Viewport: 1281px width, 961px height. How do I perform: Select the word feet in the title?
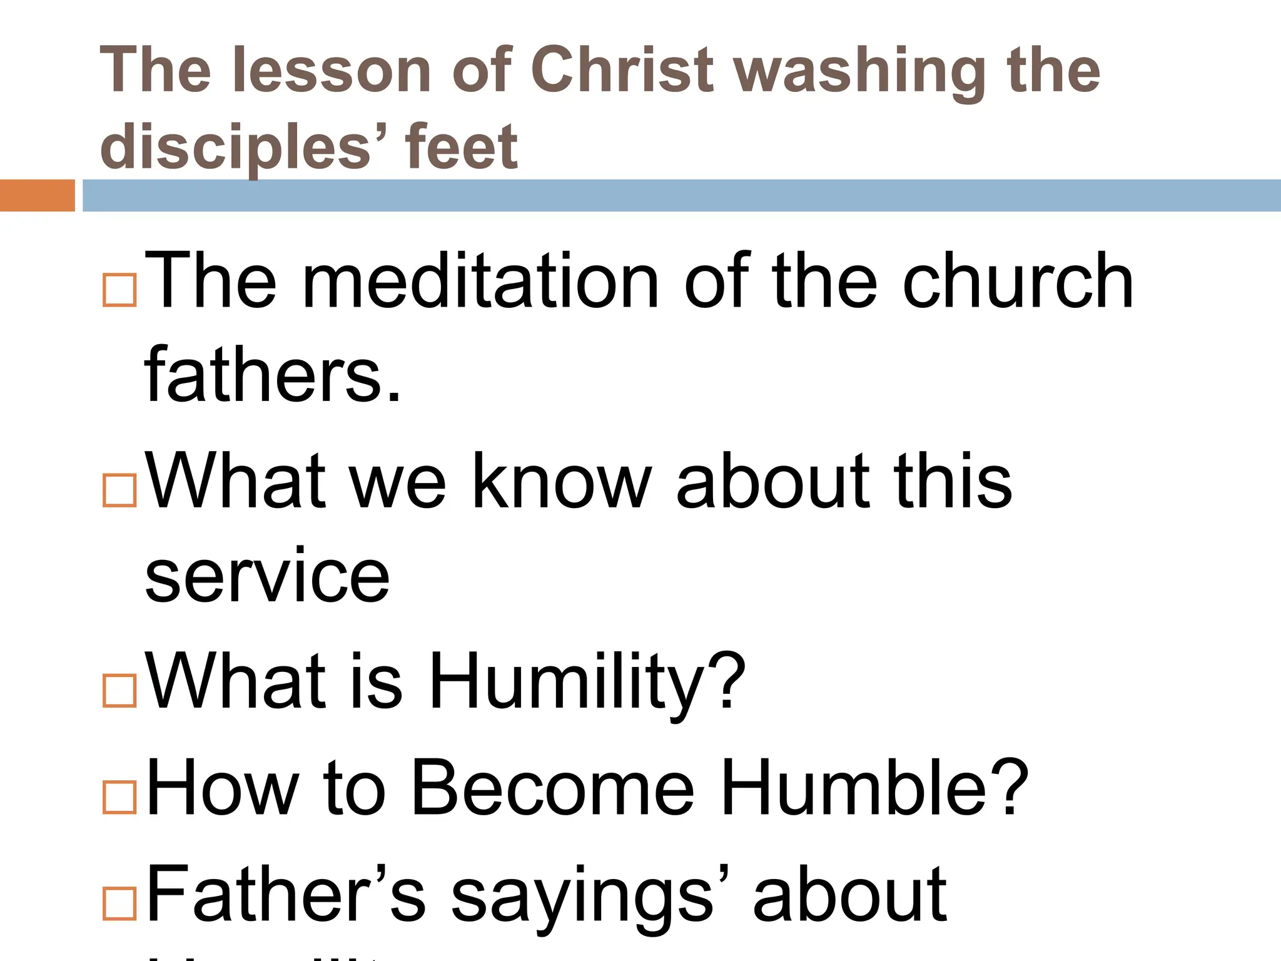point(462,147)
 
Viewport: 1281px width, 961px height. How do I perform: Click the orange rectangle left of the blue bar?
point(37,195)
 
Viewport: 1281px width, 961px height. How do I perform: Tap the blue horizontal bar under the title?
point(682,195)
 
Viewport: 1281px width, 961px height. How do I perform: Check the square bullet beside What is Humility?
point(119,691)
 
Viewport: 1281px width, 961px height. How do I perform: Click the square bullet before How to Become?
point(119,796)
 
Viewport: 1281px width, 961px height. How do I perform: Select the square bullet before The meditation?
point(119,290)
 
